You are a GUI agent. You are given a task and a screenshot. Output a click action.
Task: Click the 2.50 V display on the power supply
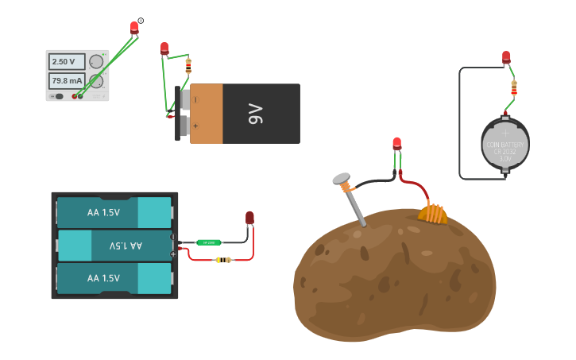tap(64, 62)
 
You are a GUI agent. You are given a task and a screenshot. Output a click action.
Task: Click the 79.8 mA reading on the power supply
tap(67, 80)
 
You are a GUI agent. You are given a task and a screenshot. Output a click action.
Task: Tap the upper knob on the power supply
tap(96, 61)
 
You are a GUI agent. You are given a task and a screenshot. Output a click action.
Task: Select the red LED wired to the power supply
tap(134, 28)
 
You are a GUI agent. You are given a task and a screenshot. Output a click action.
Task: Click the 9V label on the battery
tap(255, 114)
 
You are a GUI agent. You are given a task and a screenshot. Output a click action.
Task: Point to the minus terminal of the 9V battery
tap(195, 100)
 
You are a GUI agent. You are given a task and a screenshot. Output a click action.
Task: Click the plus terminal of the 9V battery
tap(195, 126)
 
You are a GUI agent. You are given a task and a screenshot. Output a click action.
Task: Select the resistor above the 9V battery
tap(188, 65)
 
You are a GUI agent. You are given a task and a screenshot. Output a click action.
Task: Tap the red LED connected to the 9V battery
tap(164, 48)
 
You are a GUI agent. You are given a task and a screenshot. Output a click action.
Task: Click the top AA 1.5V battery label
tap(103, 213)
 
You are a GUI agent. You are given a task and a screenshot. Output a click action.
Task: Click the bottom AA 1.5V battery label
tap(103, 278)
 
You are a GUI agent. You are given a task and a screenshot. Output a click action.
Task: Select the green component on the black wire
tap(209, 242)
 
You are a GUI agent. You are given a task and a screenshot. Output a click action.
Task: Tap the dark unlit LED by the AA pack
tap(249, 218)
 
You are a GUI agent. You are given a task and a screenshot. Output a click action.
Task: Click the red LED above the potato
tap(397, 144)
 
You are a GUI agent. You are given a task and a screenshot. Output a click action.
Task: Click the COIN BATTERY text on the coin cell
tap(504, 146)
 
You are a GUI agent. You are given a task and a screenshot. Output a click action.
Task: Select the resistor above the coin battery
tap(514, 87)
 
